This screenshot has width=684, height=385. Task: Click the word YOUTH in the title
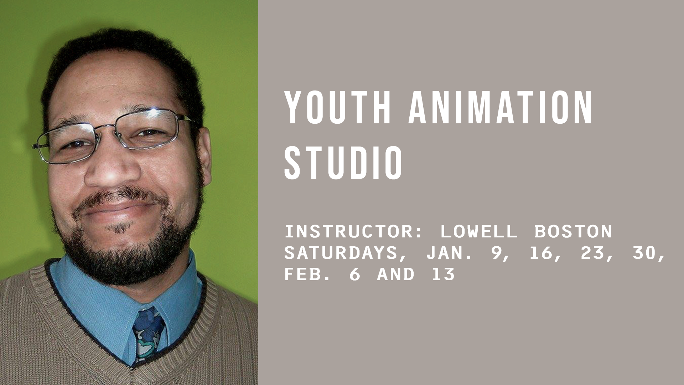pos(337,107)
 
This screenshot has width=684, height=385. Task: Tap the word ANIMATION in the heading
pos(500,107)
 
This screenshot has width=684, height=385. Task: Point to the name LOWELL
pos(478,231)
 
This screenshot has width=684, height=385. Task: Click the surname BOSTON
pos(573,231)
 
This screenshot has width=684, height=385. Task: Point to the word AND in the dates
pos(396,274)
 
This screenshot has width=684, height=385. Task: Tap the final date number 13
pos(443,274)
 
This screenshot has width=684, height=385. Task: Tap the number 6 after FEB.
pos(354,274)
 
